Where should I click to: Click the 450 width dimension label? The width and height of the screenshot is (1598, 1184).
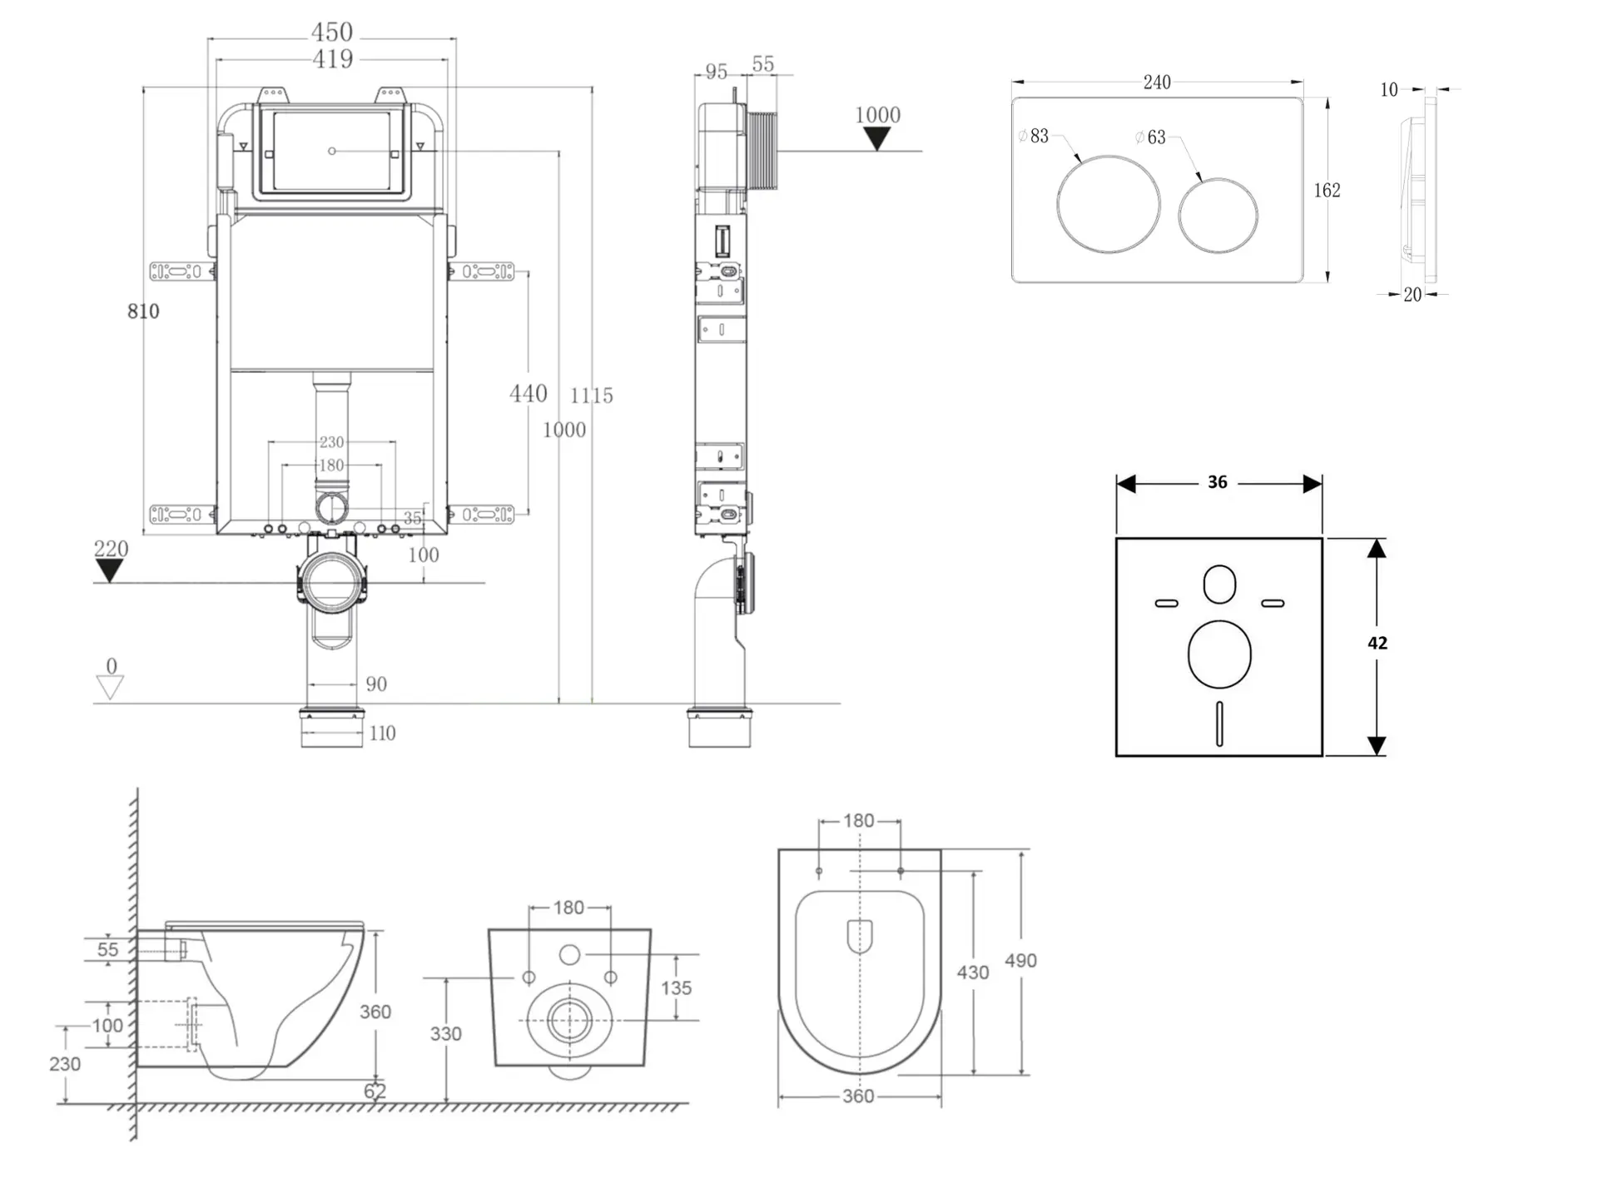click(332, 32)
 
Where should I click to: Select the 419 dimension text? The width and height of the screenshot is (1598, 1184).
click(332, 59)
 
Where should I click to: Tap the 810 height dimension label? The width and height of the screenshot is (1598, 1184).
click(143, 311)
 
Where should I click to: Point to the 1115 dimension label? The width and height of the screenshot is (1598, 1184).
click(592, 395)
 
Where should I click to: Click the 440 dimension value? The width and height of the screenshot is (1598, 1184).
click(529, 393)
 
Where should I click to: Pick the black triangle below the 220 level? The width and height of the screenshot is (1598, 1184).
click(109, 571)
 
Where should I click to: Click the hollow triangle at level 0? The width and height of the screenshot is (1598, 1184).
click(110, 688)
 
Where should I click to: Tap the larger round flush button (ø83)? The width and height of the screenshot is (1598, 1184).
click(1109, 203)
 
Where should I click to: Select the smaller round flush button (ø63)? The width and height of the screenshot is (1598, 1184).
click(1218, 215)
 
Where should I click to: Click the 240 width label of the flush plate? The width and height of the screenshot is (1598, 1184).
click(1157, 82)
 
